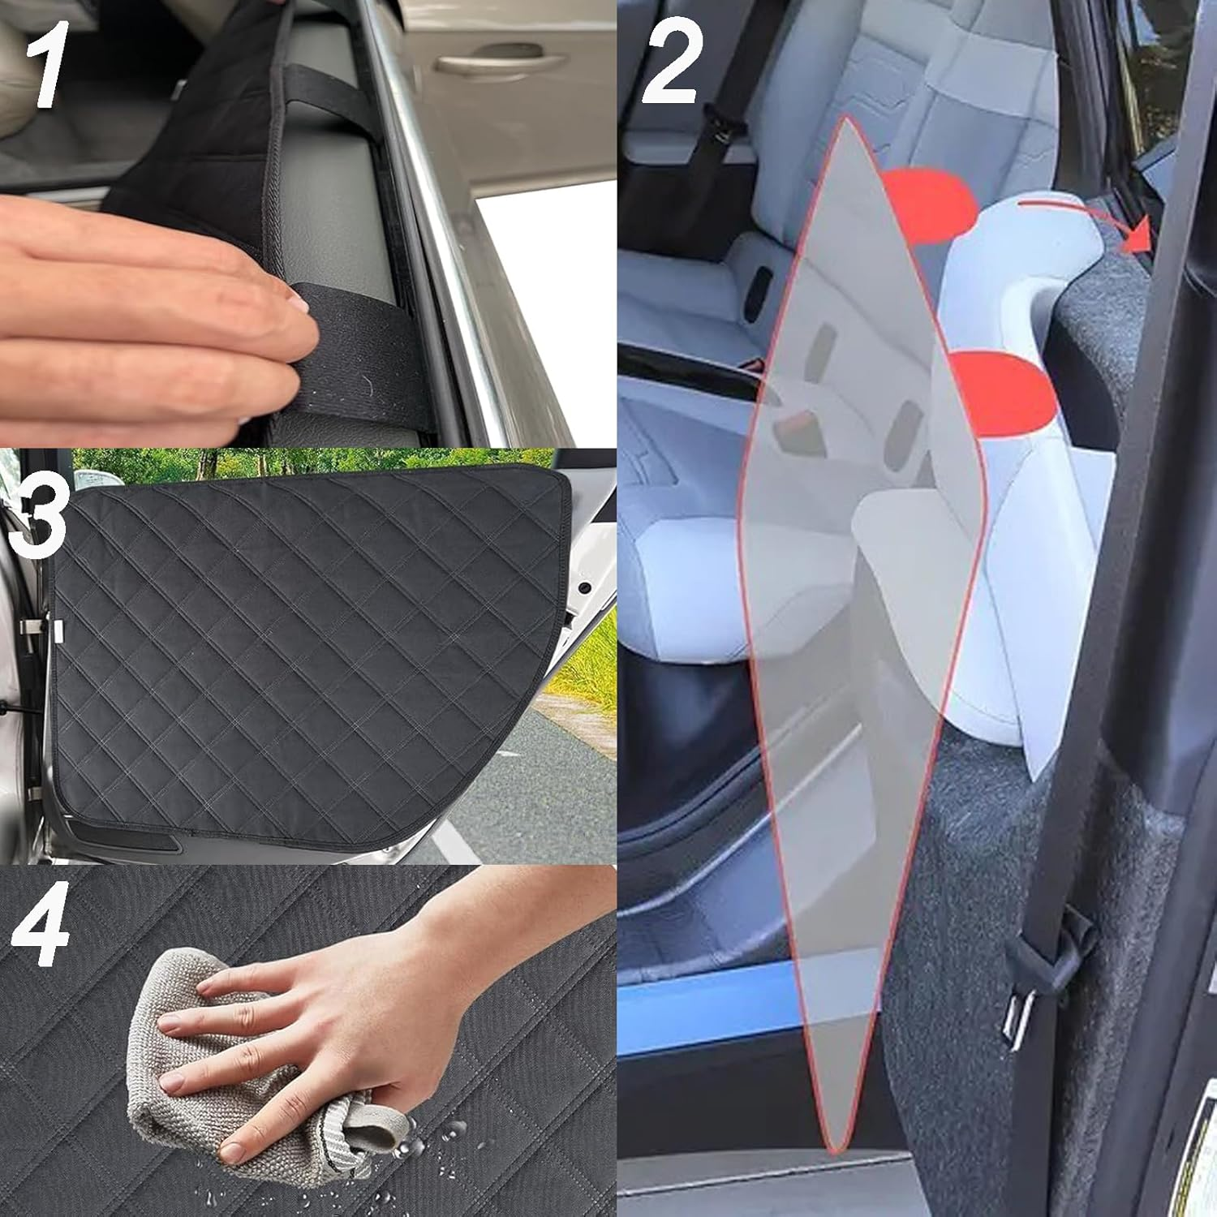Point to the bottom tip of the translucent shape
[831, 1150]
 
